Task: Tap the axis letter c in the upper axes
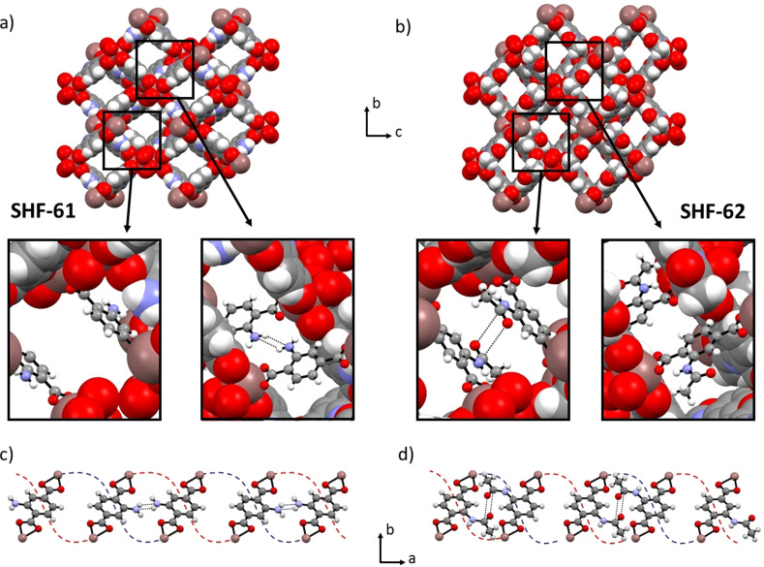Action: coord(397,132)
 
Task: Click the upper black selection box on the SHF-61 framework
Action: coord(165,69)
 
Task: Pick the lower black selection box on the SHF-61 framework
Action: coord(132,140)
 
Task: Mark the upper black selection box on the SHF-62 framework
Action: coord(574,70)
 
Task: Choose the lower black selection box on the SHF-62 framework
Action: coord(541,141)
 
